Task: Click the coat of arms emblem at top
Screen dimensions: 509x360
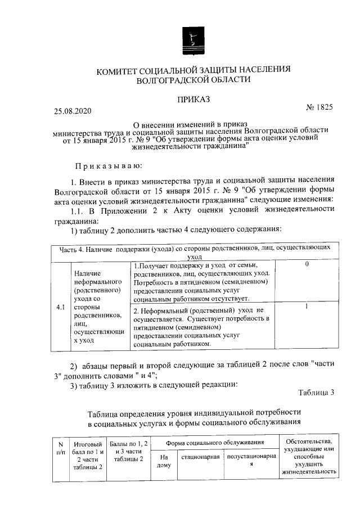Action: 193,40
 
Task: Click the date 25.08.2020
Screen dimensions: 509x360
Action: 72,111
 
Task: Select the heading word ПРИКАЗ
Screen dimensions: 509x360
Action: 193,99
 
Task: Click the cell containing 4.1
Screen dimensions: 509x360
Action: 60,308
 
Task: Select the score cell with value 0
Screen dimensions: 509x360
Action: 306,264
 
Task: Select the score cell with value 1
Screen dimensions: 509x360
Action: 306,307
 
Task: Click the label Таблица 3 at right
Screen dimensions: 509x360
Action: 317,392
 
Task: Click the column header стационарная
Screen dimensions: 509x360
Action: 200,456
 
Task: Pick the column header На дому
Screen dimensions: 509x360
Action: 164,460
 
